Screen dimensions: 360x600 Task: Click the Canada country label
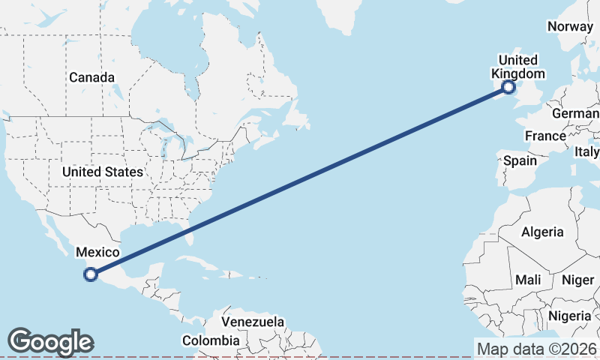pos(92,77)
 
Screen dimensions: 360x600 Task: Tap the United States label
pos(102,172)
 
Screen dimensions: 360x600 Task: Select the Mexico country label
pos(98,253)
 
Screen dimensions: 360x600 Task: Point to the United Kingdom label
pos(517,67)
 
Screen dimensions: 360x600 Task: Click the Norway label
pos(570,26)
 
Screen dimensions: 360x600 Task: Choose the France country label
pos(545,136)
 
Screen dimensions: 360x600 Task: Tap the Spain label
pos(520,160)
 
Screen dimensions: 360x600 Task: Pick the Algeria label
pos(542,232)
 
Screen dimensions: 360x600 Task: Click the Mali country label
pos(528,280)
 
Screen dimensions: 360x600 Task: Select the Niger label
pos(577,280)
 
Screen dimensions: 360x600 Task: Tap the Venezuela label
pos(253,322)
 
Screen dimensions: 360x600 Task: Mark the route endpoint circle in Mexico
pos(91,274)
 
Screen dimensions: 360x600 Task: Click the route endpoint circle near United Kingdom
pos(508,87)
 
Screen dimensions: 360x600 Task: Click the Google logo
pos(50,342)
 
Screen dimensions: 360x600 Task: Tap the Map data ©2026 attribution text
pos(537,349)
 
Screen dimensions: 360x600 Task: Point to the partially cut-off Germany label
pos(576,113)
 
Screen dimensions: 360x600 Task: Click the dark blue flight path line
pos(300,181)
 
